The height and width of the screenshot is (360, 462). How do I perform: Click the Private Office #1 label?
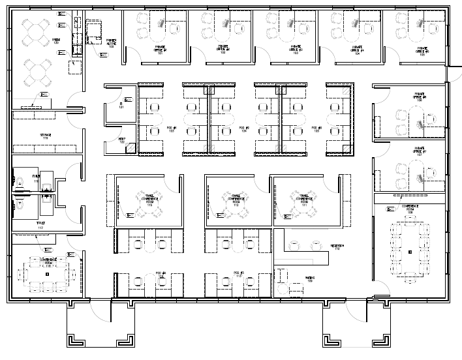160,50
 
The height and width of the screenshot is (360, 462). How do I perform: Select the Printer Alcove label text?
111,43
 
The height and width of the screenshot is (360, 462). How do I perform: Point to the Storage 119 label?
46,136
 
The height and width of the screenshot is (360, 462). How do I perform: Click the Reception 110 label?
337,246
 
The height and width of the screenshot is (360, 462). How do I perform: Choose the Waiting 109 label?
310,278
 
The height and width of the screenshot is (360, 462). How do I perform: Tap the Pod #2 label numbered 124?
244,129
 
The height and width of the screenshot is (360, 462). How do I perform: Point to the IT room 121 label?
121,106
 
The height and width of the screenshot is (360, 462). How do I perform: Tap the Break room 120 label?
56,42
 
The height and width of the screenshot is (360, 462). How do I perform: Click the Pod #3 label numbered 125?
318,129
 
